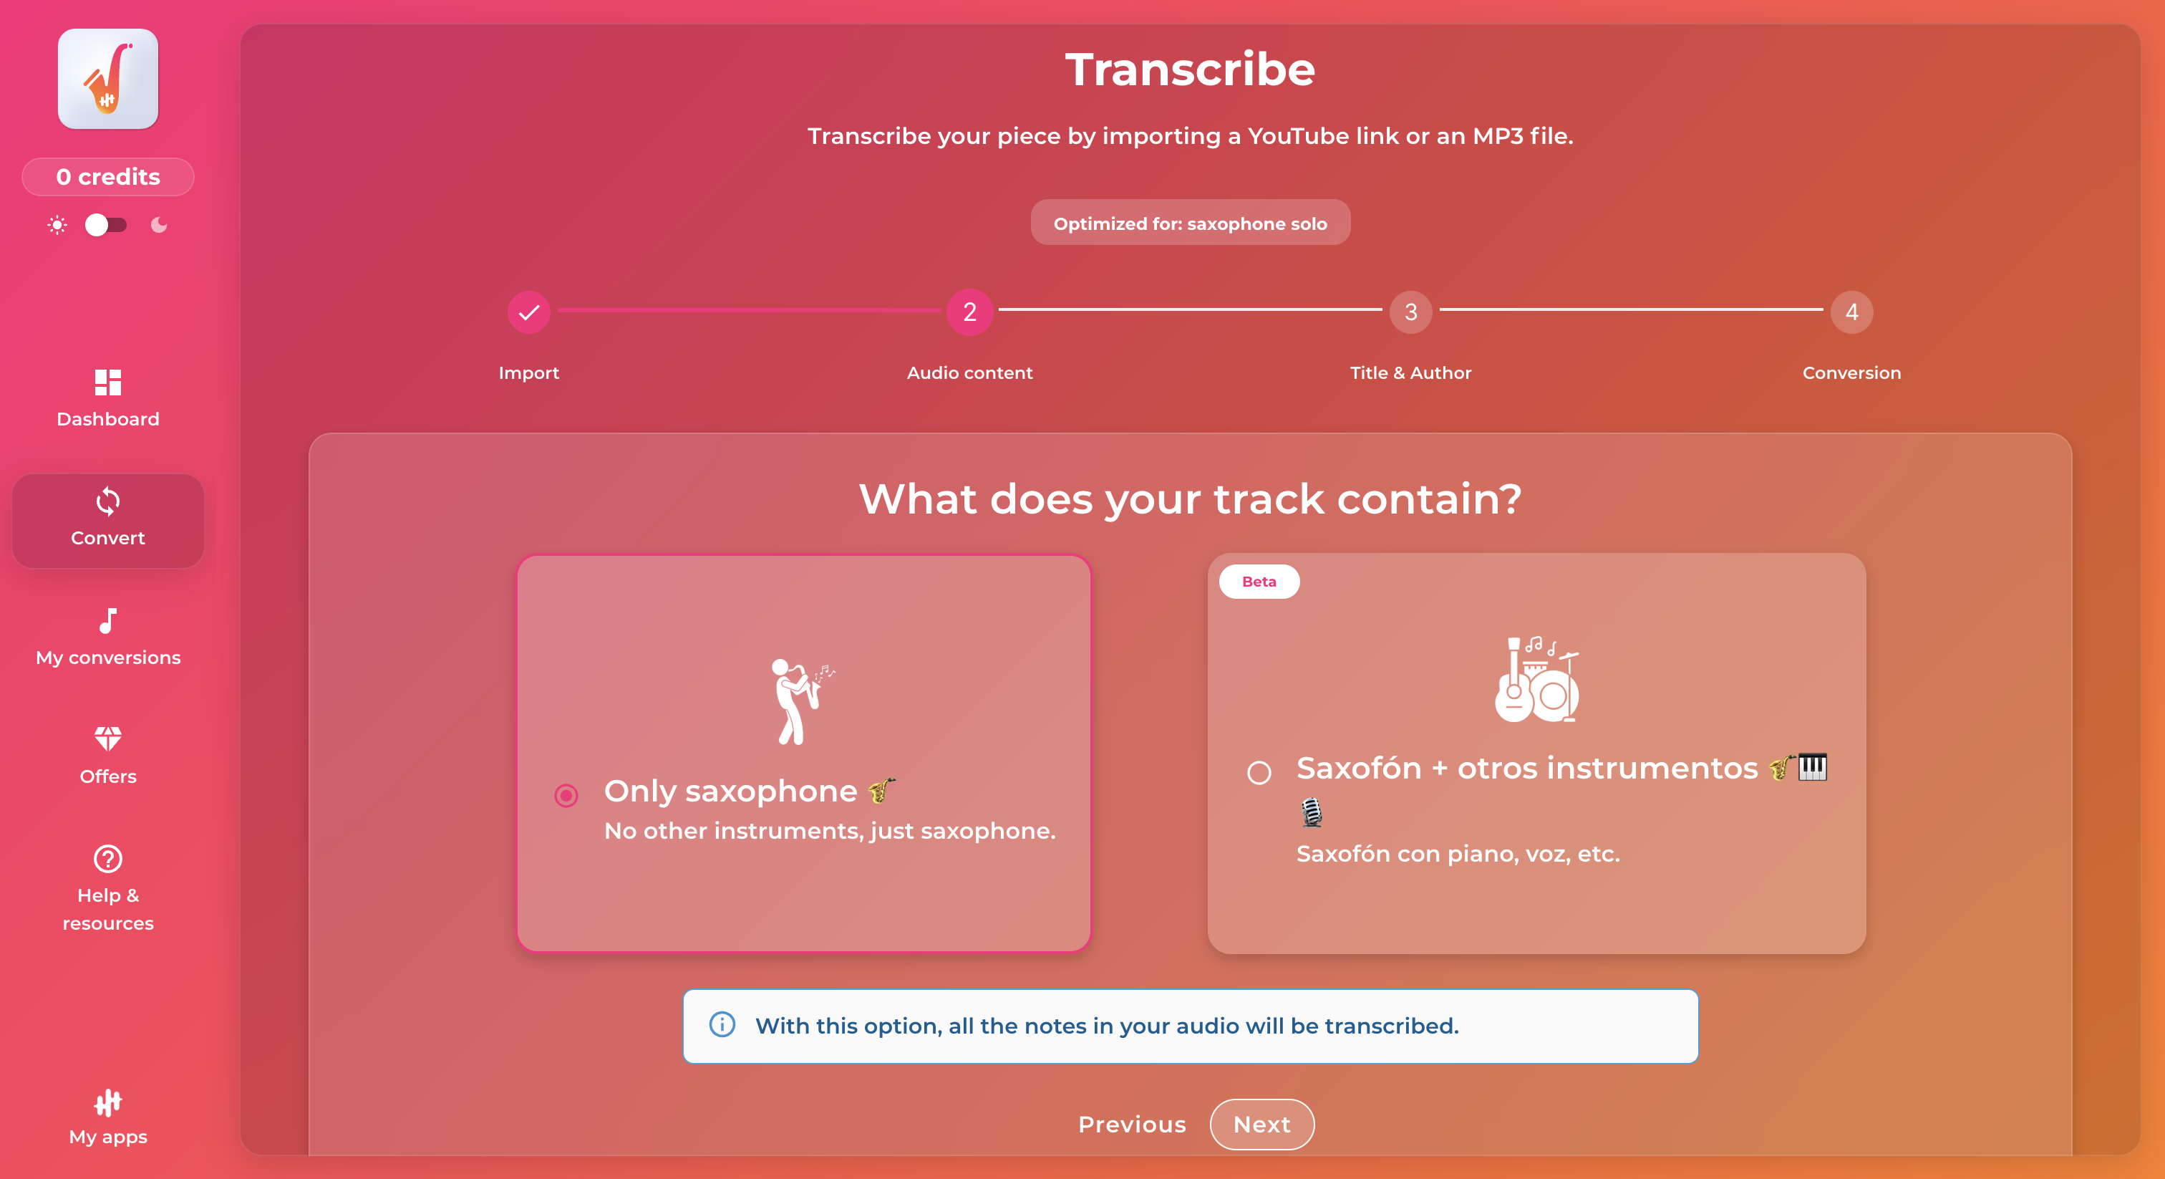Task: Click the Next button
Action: click(1261, 1124)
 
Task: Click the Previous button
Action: click(1132, 1124)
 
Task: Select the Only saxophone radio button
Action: click(566, 794)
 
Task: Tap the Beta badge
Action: click(1259, 581)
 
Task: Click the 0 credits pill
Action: click(108, 177)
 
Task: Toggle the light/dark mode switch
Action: click(106, 224)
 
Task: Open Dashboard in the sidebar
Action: click(108, 398)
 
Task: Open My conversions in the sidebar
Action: click(108, 637)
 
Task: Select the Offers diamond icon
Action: click(108, 738)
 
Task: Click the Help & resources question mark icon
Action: click(108, 859)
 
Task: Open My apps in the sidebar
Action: click(108, 1117)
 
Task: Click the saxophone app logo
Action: click(108, 79)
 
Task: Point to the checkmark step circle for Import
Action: click(528, 312)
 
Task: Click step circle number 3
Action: click(1411, 312)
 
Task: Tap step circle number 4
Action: click(1851, 312)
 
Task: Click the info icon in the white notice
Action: click(722, 1024)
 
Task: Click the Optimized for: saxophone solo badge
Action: click(1190, 223)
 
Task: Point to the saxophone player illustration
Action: click(802, 701)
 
